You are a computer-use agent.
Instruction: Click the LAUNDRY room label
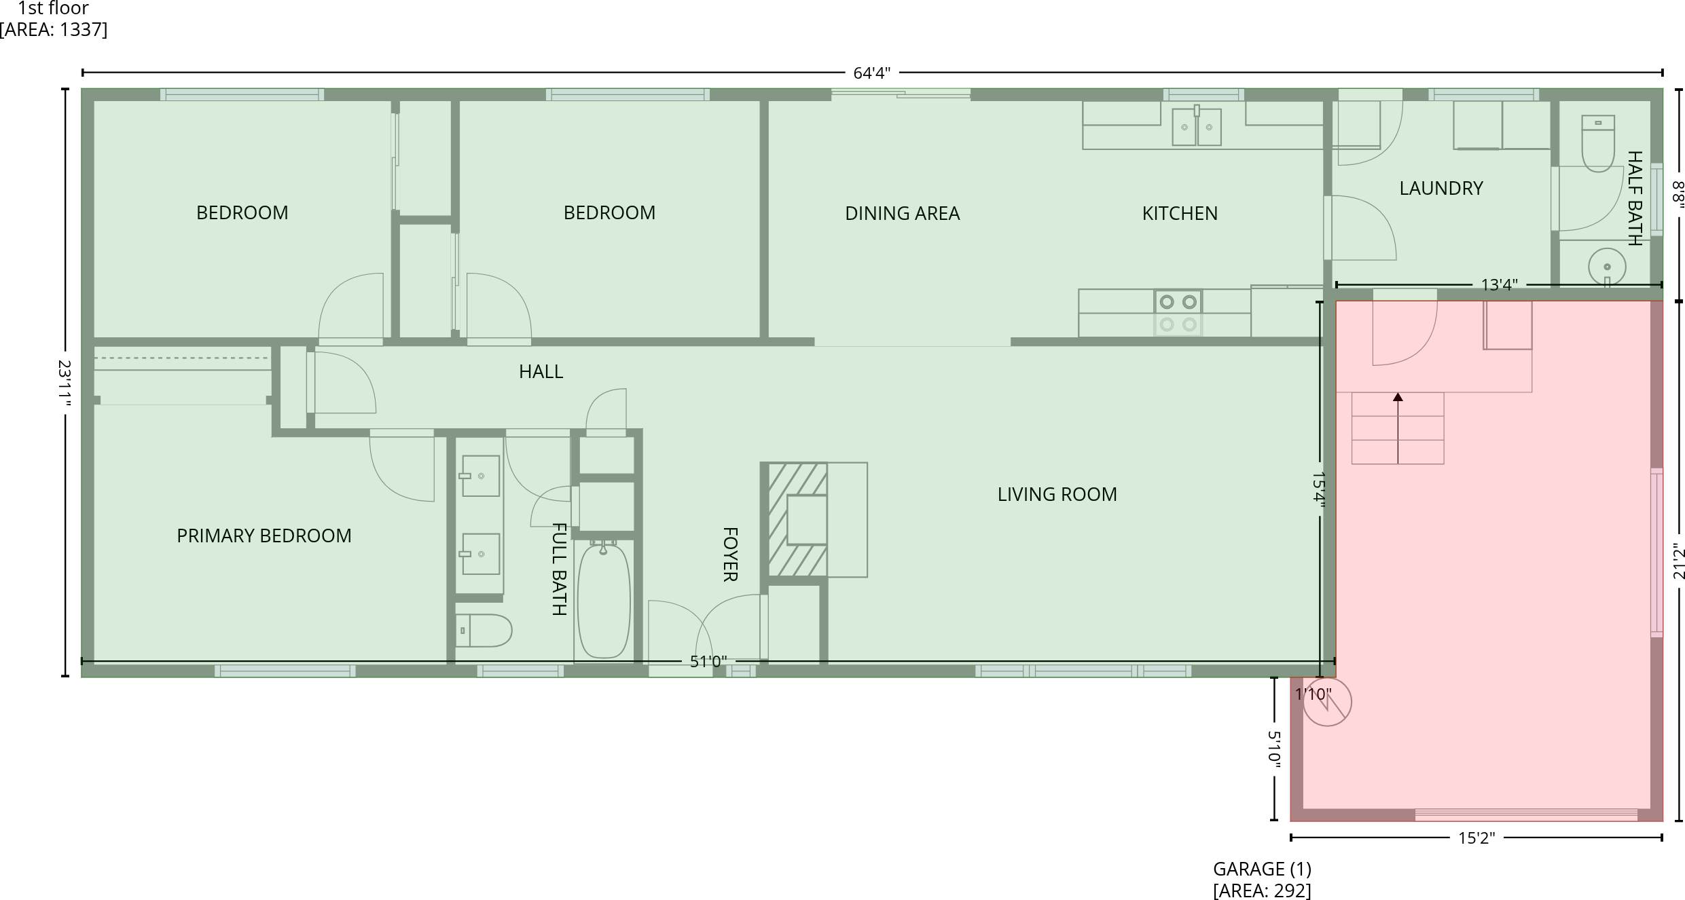[x=1441, y=189]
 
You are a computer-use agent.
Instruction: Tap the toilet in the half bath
[x=1597, y=144]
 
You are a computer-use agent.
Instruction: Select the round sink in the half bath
[x=1607, y=267]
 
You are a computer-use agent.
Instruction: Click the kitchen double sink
[x=1196, y=127]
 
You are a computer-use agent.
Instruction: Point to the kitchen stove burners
[x=1178, y=312]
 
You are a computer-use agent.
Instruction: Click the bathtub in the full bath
[x=603, y=600]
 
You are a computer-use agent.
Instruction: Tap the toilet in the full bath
[x=483, y=631]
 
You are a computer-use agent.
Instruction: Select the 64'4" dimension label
[x=871, y=73]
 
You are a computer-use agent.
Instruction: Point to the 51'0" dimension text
[x=708, y=662]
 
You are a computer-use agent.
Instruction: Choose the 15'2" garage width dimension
[x=1476, y=838]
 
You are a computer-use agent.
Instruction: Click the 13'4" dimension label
[x=1499, y=285]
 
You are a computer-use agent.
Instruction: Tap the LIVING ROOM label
[x=1057, y=495]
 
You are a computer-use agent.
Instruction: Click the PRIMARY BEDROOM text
[x=264, y=536]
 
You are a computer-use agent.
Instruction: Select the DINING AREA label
[x=902, y=214]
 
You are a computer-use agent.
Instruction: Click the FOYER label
[x=729, y=555]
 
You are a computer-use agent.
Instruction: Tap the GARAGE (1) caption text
[x=1262, y=869]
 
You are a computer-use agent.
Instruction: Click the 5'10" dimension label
[x=1274, y=749]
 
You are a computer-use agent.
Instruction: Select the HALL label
[x=541, y=372]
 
